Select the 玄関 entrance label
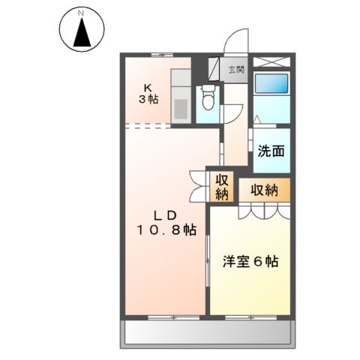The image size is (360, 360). coord(235,70)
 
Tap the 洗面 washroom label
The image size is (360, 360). coord(271,150)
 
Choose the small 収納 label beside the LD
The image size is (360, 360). coord(222,187)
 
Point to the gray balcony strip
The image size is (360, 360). coord(205,331)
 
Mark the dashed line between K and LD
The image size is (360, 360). coord(168,124)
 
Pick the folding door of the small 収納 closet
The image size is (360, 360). coord(198,187)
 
